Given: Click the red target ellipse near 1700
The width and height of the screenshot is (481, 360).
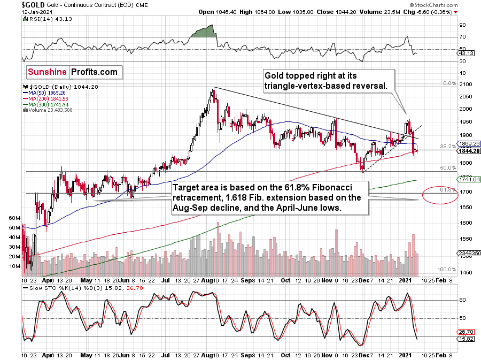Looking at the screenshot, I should pyautogui.click(x=440, y=196).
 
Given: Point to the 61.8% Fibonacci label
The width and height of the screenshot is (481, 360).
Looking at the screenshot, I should pyautogui.click(x=447, y=189).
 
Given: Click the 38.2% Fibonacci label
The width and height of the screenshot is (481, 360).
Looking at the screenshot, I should pyautogui.click(x=447, y=146).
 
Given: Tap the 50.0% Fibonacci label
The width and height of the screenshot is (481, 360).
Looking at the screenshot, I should pyautogui.click(x=447, y=168).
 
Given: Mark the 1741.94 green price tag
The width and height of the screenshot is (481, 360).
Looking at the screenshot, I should pyautogui.click(x=468, y=179).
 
